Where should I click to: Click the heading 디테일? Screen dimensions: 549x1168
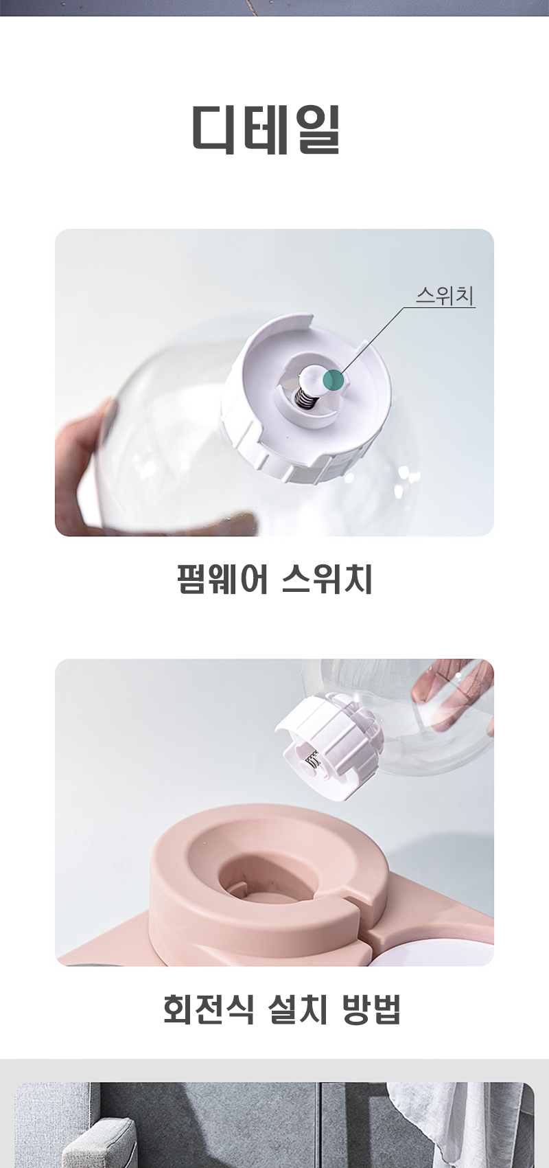pyautogui.click(x=266, y=129)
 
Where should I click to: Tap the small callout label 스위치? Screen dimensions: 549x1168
pyautogui.click(x=445, y=296)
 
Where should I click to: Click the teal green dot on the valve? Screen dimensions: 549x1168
pyautogui.click(x=334, y=380)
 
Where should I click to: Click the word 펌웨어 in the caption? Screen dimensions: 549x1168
pyautogui.click(x=222, y=580)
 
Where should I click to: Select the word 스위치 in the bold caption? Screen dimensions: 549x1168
pyautogui.click(x=327, y=580)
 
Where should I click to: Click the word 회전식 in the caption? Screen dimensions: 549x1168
pyautogui.click(x=209, y=1009)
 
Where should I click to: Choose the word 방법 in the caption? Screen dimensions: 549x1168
pyautogui.click(x=371, y=1009)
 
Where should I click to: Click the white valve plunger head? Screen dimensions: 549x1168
pyautogui.click(x=316, y=376)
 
